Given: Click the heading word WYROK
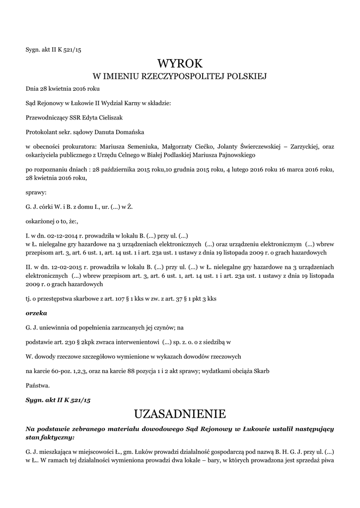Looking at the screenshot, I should pyautogui.click(x=180, y=63).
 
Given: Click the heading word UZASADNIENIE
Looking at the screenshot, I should pyautogui.click(x=180, y=413).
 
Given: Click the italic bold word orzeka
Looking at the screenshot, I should pyautogui.click(x=36, y=313).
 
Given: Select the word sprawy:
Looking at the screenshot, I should pyautogui.click(x=36, y=192).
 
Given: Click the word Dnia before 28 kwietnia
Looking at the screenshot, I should pyautogui.click(x=32, y=89).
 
